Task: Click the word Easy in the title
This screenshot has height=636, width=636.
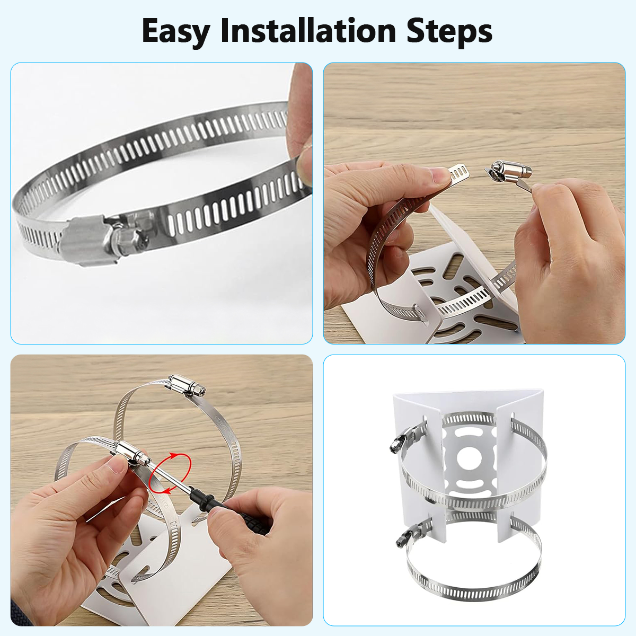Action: tap(176, 32)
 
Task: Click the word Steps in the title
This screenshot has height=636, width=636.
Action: tap(449, 32)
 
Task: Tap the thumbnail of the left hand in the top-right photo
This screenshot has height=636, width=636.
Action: tap(439, 176)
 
